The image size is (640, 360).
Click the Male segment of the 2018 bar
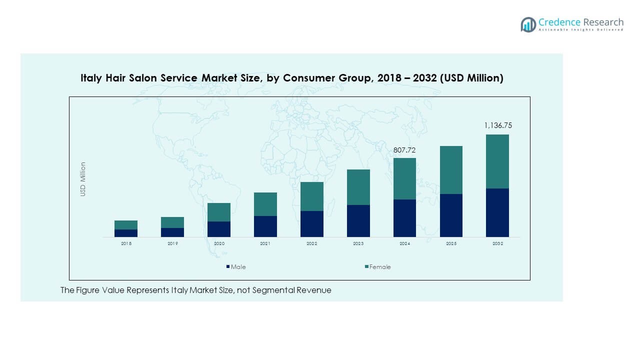pos(126,233)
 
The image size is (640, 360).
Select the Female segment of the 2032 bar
pos(497,161)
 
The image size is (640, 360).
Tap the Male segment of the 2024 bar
pos(404,218)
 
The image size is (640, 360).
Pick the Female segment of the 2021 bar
pos(265,204)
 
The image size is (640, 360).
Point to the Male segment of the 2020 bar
pos(219,229)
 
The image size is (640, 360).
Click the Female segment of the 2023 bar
pos(358,187)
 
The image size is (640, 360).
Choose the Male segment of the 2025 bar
pos(451,215)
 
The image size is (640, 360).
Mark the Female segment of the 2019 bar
pos(172,222)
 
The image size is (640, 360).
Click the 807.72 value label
pos(404,149)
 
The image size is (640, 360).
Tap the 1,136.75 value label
pos(497,126)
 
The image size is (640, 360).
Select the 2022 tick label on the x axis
pos(311,243)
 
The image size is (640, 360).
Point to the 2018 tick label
pos(126,243)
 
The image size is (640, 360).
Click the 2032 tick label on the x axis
pos(497,243)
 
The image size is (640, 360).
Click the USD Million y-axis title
pos(83,179)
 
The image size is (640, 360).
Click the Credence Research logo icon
pos(528,24)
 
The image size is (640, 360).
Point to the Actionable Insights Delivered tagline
pos(581,30)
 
